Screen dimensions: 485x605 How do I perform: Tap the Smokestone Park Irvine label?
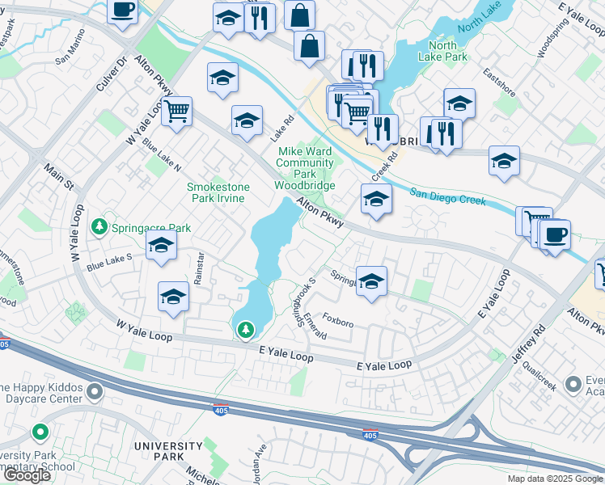click(218, 192)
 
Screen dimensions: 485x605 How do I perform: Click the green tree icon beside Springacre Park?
click(100, 227)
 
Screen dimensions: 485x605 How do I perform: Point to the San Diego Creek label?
click(447, 196)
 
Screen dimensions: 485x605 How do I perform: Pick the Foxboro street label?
click(339, 322)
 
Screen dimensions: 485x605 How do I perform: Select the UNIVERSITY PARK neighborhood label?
click(168, 451)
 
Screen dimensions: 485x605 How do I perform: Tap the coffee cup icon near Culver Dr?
click(122, 11)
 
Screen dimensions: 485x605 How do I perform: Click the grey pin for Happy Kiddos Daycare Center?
click(95, 393)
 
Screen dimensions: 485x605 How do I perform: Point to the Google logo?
click(27, 476)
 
